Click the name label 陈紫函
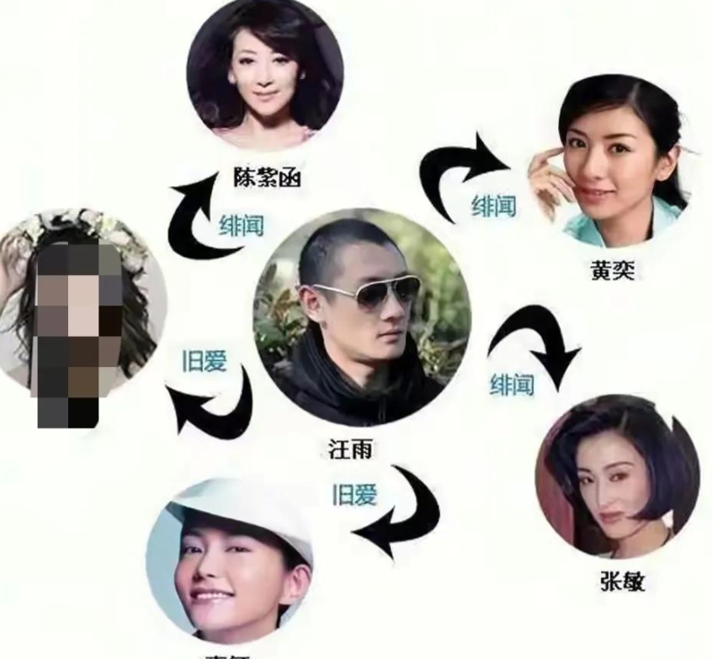(267, 178)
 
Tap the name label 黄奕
(612, 271)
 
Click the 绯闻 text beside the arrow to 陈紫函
(241, 225)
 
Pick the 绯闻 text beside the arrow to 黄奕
(493, 205)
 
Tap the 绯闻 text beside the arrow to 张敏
(512, 385)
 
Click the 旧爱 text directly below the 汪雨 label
(353, 495)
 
